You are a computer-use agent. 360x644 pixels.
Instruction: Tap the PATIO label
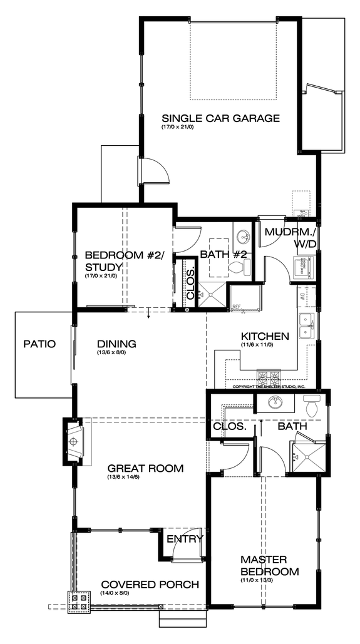[39, 344]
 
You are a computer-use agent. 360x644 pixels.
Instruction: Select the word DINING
[116, 344]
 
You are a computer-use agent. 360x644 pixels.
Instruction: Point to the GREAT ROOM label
[145, 468]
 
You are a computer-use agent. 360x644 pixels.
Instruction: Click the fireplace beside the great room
[73, 442]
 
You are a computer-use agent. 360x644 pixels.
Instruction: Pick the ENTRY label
[185, 539]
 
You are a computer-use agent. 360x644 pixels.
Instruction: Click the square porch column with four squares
[79, 601]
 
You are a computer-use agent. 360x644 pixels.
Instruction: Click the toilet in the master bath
[312, 407]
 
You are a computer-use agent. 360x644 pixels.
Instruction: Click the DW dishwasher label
[301, 295]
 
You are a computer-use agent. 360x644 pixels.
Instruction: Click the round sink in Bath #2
[242, 236]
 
